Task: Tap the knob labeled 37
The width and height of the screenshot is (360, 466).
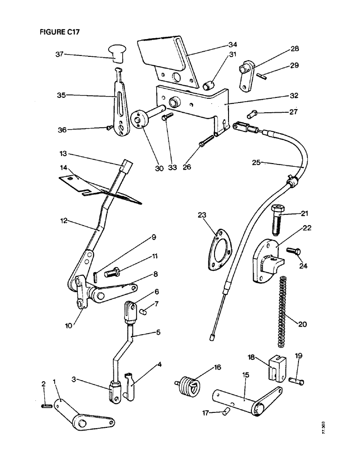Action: tap(118, 53)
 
